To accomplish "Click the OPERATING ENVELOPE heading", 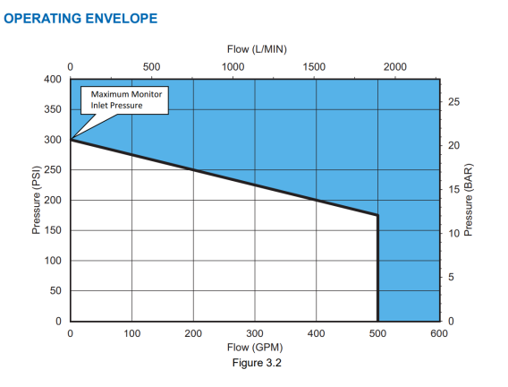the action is pos(80,19).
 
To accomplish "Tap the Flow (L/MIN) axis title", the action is pos(257,49).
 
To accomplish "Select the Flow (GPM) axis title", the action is pos(255,348).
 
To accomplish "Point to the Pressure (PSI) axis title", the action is pos(37,200).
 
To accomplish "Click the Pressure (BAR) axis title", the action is pos(469,200).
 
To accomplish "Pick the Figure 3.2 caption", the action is pos(257,363).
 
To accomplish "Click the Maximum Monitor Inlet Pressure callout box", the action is pos(124,100).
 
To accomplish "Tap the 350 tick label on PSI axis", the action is pos(53,109).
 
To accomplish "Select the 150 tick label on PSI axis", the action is pos(53,230).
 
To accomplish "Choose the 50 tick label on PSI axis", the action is pos(55,290).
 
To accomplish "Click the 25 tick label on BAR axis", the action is pos(454,102).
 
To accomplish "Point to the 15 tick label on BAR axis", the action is pos(454,189).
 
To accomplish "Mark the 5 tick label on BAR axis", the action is pos(451,277).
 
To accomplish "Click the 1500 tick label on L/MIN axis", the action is pos(314,67).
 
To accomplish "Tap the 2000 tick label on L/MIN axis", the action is pos(395,67).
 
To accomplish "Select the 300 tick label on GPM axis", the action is pos(255,333).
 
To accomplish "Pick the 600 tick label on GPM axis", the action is pos(439,333).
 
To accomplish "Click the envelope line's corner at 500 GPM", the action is pos(377,215).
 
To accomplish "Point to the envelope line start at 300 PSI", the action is pos(71,140).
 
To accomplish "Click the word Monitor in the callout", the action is pos(146,94).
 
